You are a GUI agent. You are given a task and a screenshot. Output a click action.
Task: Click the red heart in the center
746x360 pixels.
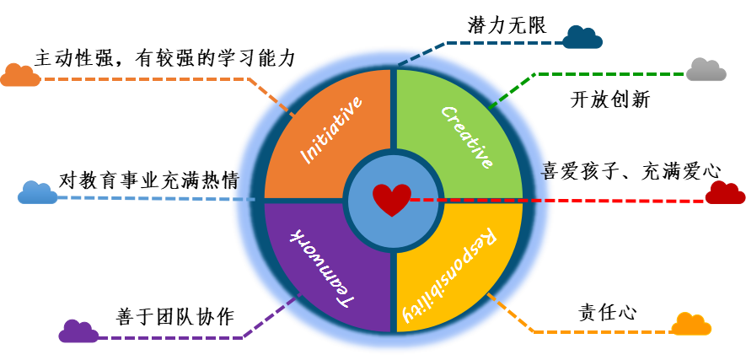point(392,199)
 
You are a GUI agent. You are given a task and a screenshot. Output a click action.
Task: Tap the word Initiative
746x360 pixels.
point(332,130)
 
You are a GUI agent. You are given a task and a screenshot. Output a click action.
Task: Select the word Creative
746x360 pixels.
point(466,137)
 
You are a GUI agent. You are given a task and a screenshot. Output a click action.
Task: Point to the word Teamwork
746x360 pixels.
point(321,266)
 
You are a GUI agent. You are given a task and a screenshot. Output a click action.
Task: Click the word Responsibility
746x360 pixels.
point(448,276)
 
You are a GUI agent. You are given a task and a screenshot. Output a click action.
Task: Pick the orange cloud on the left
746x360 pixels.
point(20,76)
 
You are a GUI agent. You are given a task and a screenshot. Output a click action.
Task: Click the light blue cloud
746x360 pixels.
point(38,194)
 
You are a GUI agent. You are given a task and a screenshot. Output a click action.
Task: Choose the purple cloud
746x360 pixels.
point(78,332)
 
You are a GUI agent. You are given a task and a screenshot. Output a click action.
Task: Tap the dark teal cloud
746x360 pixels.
point(582,38)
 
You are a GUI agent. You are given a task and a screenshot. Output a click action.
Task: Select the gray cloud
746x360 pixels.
point(706,71)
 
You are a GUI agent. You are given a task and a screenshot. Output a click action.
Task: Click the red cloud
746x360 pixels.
point(725,193)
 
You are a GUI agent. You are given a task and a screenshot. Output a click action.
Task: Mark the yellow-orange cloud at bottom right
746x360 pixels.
point(691,325)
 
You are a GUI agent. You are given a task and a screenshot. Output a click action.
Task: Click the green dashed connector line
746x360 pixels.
point(607,74)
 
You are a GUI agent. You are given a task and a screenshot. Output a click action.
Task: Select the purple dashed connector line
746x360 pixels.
point(169,338)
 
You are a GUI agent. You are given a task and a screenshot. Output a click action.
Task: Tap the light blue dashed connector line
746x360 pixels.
point(152,198)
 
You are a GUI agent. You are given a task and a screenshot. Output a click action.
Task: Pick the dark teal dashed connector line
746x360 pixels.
point(506,42)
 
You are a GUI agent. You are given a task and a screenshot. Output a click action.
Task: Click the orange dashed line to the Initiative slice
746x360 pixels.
point(143,79)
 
